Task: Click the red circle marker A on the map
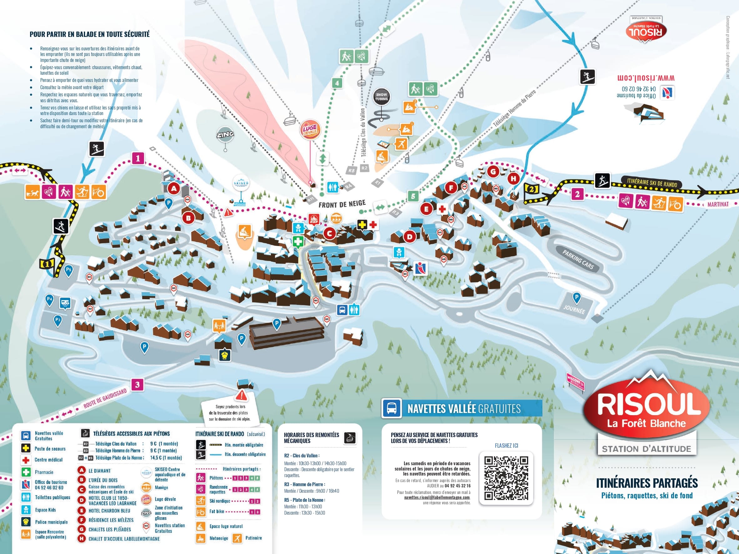(174, 188)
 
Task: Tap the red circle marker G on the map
(493, 172)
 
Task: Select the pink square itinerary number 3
(137, 385)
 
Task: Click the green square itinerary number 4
(337, 83)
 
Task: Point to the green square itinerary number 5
(413, 196)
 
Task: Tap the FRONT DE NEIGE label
(342, 204)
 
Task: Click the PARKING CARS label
(578, 259)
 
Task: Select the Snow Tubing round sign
(381, 97)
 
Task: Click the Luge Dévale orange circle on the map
(310, 130)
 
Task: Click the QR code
(506, 478)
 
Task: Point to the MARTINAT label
(718, 204)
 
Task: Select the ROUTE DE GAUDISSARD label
(105, 398)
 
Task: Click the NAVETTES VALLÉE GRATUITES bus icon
(392, 408)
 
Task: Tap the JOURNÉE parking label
(574, 310)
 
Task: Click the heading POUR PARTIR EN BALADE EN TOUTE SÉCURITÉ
(89, 34)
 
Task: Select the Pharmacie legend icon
(26, 472)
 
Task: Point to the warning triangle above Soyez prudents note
(241, 396)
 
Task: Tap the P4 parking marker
(49, 300)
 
